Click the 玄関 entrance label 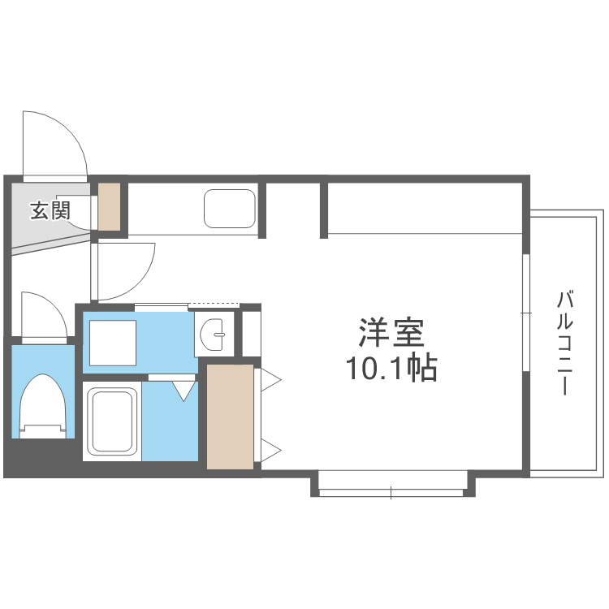[49, 211]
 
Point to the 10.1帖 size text [392, 369]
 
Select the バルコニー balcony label [563, 342]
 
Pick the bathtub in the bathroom [112, 421]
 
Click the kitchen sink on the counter [229, 209]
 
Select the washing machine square [112, 343]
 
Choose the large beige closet [230, 416]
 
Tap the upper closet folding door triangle [270, 379]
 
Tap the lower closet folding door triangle [270, 449]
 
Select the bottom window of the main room [391, 492]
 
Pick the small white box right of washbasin [251, 333]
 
